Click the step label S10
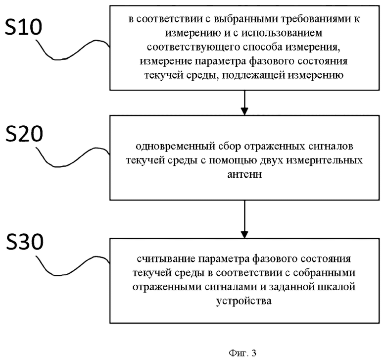(x=24, y=27)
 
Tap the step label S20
(x=24, y=134)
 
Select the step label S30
(x=25, y=242)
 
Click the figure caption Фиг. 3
(x=242, y=353)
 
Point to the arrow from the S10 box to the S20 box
(x=244, y=103)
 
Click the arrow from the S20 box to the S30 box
(x=244, y=219)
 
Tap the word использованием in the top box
(x=282, y=33)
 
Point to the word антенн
(x=244, y=174)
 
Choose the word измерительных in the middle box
(x=325, y=160)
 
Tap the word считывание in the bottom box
(x=166, y=259)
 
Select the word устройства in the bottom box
(x=243, y=301)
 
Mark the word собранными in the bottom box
(x=325, y=273)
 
